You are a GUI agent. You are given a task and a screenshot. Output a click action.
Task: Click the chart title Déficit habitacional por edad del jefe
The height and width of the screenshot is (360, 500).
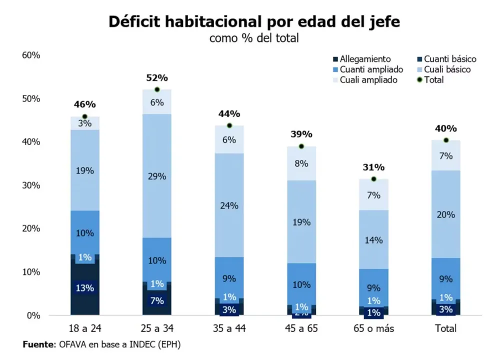254,22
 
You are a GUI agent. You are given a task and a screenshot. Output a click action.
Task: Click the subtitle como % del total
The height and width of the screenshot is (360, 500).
254,38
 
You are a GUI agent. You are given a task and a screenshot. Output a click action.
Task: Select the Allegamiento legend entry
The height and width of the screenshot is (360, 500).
362,59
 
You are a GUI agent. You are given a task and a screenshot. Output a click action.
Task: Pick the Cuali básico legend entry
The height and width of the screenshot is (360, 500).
444,69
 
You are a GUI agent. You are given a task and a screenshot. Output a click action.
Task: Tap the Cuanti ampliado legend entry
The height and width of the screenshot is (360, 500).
368,69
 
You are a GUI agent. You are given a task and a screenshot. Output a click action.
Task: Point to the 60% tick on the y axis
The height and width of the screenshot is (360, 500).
31,55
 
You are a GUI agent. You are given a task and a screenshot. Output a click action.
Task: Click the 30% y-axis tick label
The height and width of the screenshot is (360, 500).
31,185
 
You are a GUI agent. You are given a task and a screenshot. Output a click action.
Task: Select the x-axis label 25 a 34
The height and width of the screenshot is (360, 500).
157,328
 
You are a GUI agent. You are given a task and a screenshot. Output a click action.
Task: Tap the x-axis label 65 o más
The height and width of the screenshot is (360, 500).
373,328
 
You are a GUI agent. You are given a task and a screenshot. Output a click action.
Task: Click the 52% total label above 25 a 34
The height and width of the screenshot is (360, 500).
157,78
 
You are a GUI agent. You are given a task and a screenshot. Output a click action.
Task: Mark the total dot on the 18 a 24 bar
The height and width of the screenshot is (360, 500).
85,116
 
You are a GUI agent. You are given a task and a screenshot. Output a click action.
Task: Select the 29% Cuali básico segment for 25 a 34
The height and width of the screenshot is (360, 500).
157,176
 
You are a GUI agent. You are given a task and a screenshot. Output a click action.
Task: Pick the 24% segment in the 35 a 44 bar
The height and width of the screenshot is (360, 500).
229,205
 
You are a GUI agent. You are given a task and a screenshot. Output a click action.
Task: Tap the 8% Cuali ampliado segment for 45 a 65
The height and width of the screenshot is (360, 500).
301,163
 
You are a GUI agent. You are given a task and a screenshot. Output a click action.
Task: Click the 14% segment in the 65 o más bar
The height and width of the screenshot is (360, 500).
373,240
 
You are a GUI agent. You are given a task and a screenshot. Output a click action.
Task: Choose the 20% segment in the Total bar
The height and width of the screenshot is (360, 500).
446,214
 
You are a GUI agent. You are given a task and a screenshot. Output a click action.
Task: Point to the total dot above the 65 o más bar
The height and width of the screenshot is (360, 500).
373,179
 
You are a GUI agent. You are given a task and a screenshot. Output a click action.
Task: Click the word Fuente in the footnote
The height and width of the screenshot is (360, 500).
38,344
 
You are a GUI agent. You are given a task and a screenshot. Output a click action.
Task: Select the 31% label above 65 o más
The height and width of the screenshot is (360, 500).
373,167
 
